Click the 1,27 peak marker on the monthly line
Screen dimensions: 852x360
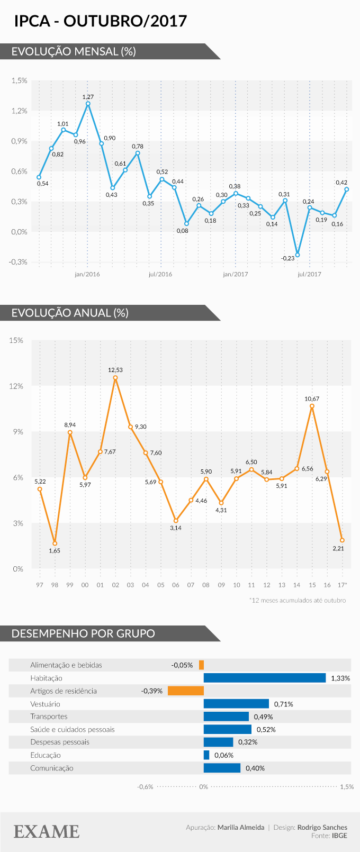(x=88, y=104)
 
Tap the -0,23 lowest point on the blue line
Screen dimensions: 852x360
(x=298, y=255)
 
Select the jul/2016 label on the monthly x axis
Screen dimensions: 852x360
(x=160, y=274)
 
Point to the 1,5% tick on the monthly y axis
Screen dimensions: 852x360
(x=19, y=81)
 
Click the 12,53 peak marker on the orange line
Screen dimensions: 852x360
(x=115, y=378)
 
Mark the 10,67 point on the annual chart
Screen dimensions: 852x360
(x=312, y=406)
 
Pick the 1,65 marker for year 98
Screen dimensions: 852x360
(x=55, y=543)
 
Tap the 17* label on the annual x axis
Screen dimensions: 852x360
(x=342, y=585)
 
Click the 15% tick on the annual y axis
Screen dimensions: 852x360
(x=16, y=340)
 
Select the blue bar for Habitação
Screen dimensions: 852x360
(x=265, y=678)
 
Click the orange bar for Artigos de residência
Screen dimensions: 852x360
(x=186, y=691)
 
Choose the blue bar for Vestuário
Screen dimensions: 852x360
(x=236, y=704)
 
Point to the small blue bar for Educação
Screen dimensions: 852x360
(x=206, y=755)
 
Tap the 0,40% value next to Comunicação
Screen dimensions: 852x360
(x=255, y=768)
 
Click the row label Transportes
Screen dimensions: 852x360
(x=49, y=717)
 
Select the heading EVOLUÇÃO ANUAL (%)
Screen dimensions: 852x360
(x=70, y=313)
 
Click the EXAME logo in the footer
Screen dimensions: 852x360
(x=47, y=831)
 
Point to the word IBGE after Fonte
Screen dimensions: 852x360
(x=339, y=836)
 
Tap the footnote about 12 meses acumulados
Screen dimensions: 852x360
(x=298, y=600)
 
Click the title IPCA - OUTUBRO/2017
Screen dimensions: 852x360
(x=101, y=21)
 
